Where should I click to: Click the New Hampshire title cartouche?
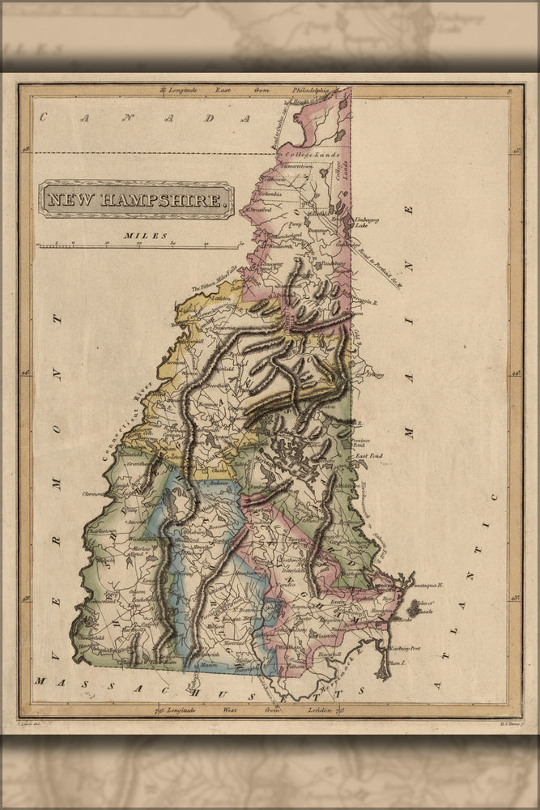pyautogui.click(x=137, y=199)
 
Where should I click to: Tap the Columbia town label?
pyautogui.click(x=270, y=194)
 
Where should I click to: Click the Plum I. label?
pyautogui.click(x=396, y=663)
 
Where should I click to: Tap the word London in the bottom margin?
pyautogui.click(x=296, y=710)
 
